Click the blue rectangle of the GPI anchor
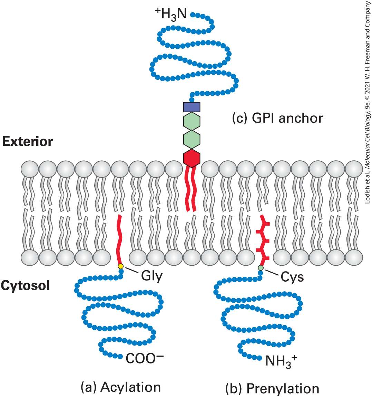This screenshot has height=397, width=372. click(192, 107)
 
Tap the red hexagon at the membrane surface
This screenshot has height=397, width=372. click(192, 158)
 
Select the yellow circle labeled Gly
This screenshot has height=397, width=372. click(121, 266)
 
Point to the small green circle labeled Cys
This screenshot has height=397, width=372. click(261, 268)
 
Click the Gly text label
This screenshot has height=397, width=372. click(152, 276)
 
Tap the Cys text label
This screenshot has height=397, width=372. click(292, 277)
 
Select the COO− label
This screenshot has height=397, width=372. click(145, 358)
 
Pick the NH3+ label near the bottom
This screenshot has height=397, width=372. click(281, 360)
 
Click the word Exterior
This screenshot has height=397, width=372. click(28, 141)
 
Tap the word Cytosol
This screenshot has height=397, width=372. click(25, 286)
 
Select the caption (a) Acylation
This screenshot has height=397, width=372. click(121, 387)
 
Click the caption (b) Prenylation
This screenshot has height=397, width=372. click(272, 388)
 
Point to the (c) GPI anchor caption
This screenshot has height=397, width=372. click(278, 118)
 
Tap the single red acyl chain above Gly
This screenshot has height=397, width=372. click(119, 239)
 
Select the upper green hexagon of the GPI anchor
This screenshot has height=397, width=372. click(192, 122)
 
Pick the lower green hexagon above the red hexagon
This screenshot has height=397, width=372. click(192, 140)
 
